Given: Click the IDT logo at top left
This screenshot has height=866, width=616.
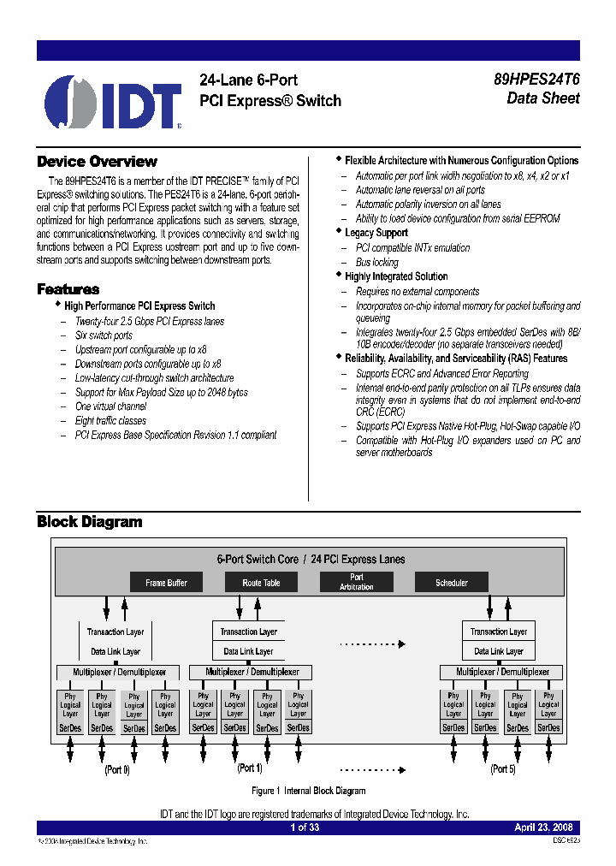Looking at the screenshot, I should click(x=113, y=104).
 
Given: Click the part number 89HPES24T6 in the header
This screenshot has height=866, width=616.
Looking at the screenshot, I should click(x=536, y=80).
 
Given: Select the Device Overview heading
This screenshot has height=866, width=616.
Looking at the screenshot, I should click(x=97, y=162).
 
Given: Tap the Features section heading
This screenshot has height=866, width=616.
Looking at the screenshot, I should click(x=68, y=289).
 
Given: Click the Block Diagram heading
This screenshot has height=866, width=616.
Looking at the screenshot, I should click(x=89, y=522).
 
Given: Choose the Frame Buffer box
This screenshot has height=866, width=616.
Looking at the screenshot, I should click(x=166, y=583).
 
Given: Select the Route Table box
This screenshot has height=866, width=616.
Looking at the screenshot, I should click(x=261, y=583).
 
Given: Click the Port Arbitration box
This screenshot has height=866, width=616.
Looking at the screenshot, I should click(x=356, y=583).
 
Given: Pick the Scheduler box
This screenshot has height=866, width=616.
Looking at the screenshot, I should click(x=451, y=583).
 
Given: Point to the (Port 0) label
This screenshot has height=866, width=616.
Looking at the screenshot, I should click(x=117, y=769).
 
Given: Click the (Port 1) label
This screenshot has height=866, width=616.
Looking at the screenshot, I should click(x=250, y=768).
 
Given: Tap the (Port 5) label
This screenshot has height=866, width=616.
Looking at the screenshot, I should click(x=502, y=768).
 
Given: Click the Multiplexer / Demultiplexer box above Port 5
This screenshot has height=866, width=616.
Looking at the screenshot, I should click(x=502, y=673).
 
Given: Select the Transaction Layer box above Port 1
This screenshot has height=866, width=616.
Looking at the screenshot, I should click(x=249, y=632).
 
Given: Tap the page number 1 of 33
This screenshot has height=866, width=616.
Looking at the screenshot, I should click(x=305, y=827).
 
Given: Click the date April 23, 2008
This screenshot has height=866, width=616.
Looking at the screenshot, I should click(x=543, y=827).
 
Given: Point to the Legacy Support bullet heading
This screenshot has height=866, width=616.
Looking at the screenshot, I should click(x=376, y=233).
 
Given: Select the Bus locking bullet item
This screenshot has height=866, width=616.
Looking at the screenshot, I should click(x=376, y=263).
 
